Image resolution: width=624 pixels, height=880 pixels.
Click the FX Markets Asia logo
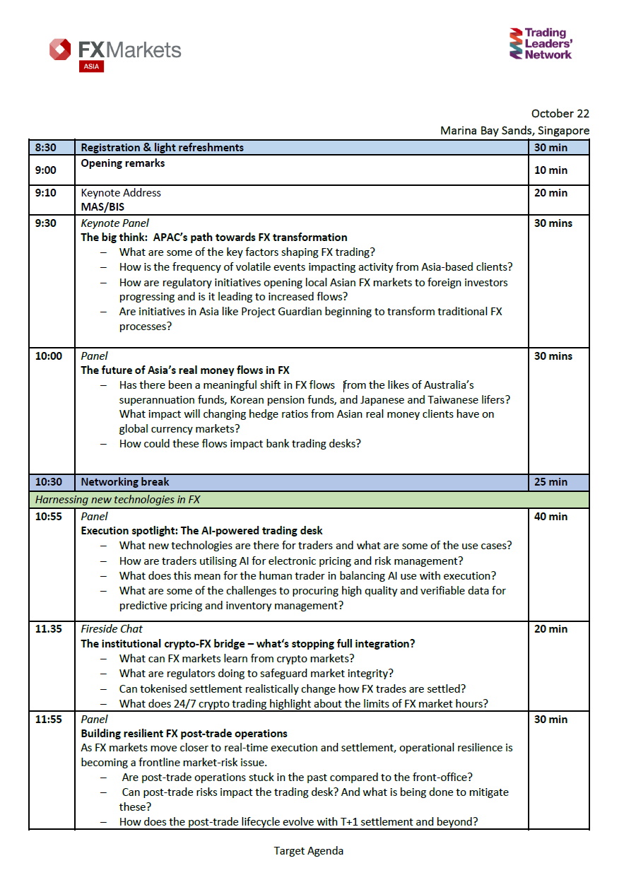click(x=115, y=52)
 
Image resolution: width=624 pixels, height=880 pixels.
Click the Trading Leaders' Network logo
click(x=541, y=44)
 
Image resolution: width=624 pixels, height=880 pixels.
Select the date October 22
click(x=560, y=114)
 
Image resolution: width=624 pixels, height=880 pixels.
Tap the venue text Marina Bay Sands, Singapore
click(x=514, y=131)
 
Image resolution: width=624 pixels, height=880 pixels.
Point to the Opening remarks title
click(x=123, y=163)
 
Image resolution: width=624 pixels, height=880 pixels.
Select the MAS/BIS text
click(x=102, y=208)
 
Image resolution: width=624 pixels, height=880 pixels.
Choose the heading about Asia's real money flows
click(x=185, y=370)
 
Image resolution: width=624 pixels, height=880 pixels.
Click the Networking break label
click(x=125, y=482)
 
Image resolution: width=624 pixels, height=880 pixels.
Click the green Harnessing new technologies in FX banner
click(x=309, y=500)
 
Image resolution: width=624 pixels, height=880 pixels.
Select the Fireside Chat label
click(x=112, y=629)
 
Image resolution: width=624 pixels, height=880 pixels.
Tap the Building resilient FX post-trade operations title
click(x=184, y=734)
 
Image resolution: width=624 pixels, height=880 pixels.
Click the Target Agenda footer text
click(x=309, y=851)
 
